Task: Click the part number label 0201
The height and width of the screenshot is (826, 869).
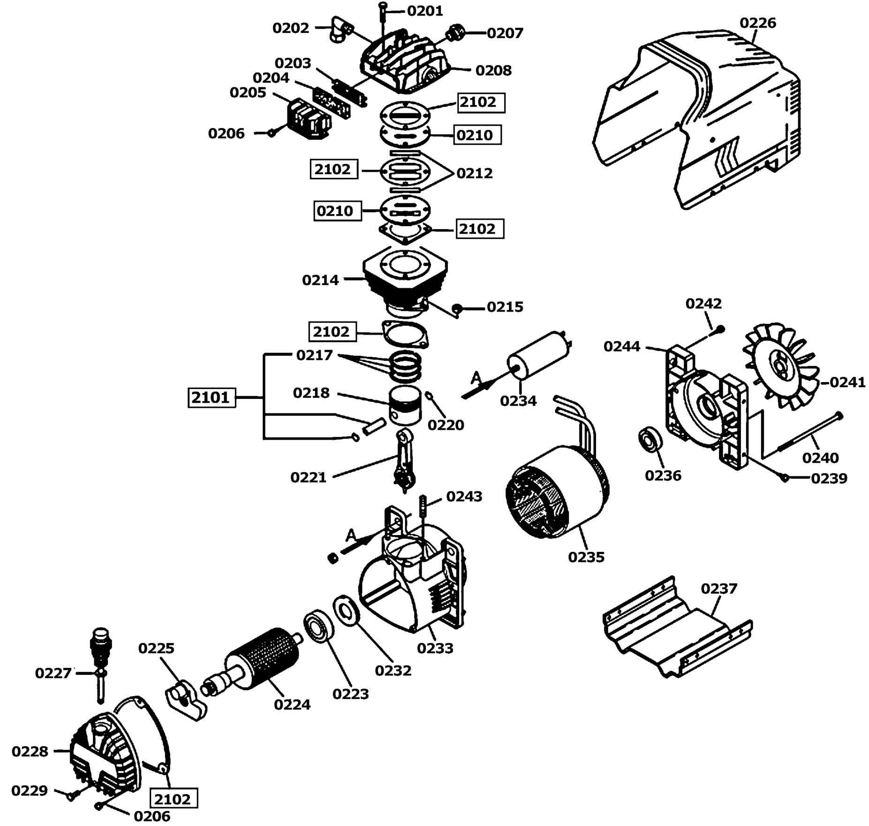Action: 425,11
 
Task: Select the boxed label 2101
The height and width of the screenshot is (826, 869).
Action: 212,398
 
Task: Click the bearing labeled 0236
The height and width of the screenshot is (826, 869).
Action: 650,440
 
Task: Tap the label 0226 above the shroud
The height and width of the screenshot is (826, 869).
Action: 758,23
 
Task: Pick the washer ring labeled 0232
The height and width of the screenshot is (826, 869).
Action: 347,611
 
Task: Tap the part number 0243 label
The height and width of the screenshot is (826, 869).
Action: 464,496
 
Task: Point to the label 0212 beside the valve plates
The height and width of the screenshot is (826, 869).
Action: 475,173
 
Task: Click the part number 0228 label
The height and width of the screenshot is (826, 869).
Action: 30,751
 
